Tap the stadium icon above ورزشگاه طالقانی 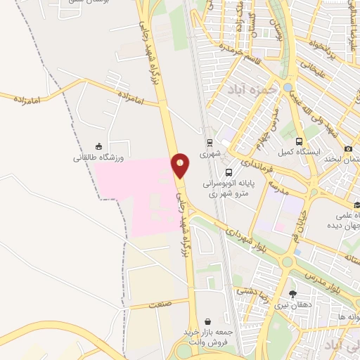[98, 146]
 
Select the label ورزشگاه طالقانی [98, 157]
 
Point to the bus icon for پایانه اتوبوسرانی [229, 172]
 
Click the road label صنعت [160, 304]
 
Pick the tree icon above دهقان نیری [292, 294]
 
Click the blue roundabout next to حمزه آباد [288, 87]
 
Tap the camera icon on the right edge [348, 148]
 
